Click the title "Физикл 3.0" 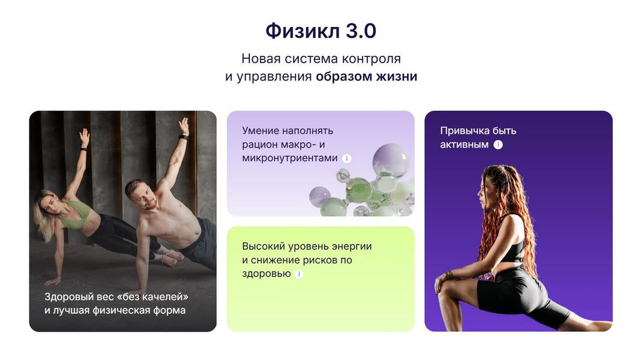321,31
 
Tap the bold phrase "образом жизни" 366,77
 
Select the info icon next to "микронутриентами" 346,158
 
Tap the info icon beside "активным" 498,145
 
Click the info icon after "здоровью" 299,274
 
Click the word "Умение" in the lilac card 260,131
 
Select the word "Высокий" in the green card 262,246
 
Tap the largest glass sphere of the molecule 390,159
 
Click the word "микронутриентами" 290,158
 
